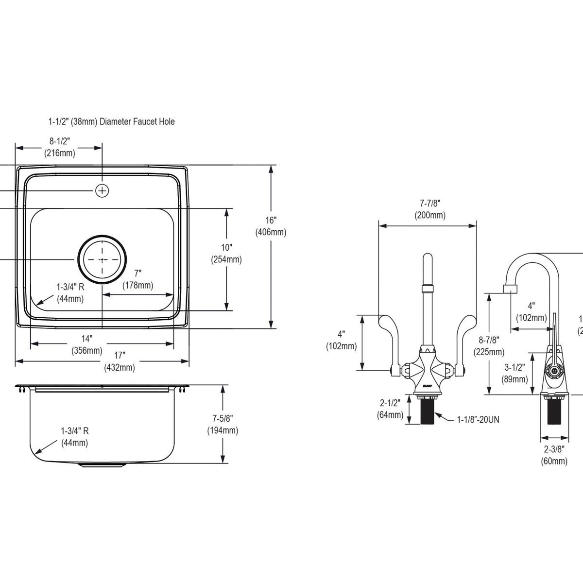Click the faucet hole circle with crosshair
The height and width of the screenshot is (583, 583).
[x=102, y=191]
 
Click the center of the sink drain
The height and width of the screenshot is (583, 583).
[x=102, y=260]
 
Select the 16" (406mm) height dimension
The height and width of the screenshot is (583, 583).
[x=271, y=226]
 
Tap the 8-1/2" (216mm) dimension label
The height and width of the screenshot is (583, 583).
[x=60, y=147]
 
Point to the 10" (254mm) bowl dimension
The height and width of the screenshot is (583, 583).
[x=226, y=254]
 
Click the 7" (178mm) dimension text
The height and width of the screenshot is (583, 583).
[x=137, y=279]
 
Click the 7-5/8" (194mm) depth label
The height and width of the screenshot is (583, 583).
[x=223, y=424]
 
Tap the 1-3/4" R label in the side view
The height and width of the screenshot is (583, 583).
[x=74, y=436]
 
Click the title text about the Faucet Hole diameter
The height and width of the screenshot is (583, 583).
[x=111, y=121]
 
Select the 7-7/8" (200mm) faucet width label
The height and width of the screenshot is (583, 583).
[x=429, y=209]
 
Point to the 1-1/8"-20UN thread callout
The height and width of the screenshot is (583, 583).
[x=478, y=419]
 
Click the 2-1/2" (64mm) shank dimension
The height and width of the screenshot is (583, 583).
[x=390, y=409]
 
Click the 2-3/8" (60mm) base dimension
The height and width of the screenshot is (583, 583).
[x=554, y=455]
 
